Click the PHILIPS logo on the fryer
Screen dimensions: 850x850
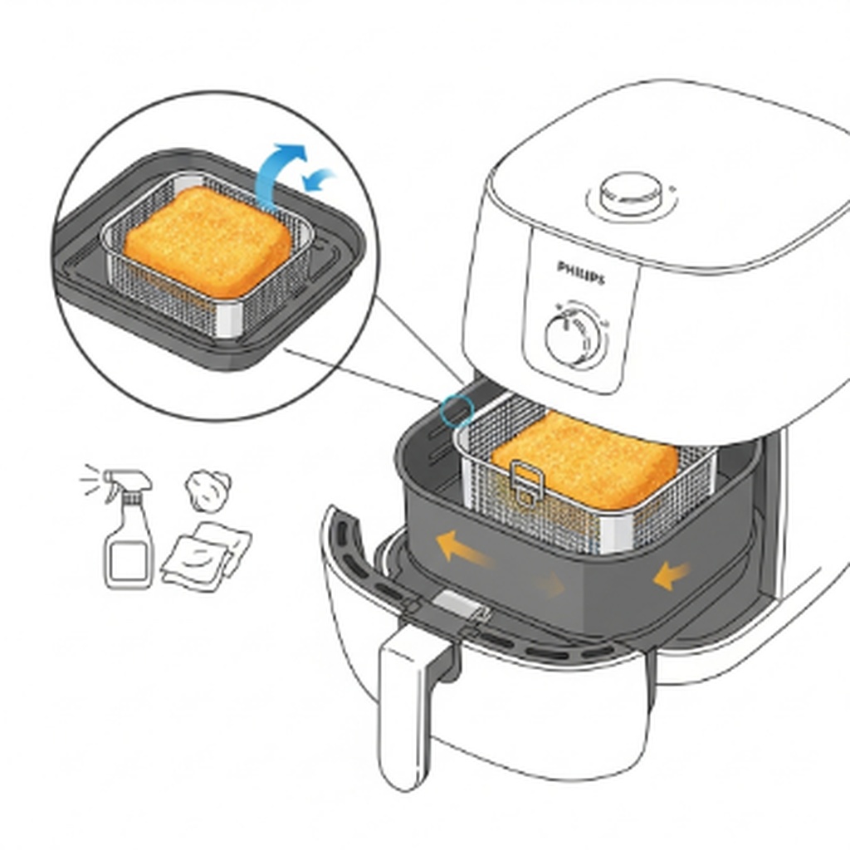pyautogui.click(x=581, y=272)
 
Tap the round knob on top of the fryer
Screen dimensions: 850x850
pyautogui.click(x=631, y=193)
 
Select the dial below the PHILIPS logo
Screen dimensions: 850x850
pyautogui.click(x=575, y=338)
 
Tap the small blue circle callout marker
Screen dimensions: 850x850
pyautogui.click(x=457, y=410)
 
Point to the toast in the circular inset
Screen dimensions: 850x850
pyautogui.click(x=208, y=242)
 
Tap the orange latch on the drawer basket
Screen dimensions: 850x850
pyautogui.click(x=526, y=482)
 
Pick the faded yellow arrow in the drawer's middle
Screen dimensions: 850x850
pyautogui.click(x=548, y=584)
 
